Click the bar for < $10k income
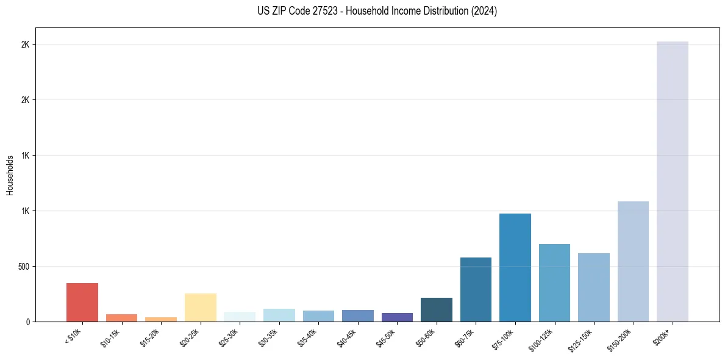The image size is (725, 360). (x=82, y=302)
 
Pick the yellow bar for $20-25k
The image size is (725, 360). (x=201, y=308)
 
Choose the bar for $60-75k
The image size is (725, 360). (x=476, y=289)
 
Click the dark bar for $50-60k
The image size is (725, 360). (x=437, y=309)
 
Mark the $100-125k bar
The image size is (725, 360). (x=554, y=283)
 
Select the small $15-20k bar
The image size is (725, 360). (x=161, y=319)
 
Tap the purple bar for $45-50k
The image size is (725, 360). (x=397, y=317)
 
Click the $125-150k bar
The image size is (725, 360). (x=594, y=287)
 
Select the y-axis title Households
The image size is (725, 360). (x=10, y=175)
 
